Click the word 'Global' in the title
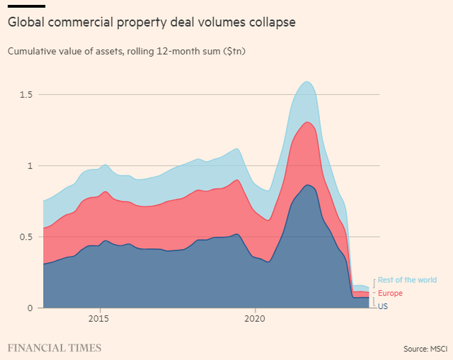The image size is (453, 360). [26, 23]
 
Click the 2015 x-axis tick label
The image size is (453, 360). [100, 319]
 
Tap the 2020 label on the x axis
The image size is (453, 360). [255, 319]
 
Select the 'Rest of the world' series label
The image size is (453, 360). [407, 280]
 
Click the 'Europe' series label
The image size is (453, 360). [391, 293]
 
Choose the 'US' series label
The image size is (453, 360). [383, 306]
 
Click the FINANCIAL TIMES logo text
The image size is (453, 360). [55, 347]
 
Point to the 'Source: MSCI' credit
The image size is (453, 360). [425, 348]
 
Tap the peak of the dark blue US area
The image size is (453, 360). [306, 185]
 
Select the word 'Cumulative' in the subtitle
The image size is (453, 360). [30, 52]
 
